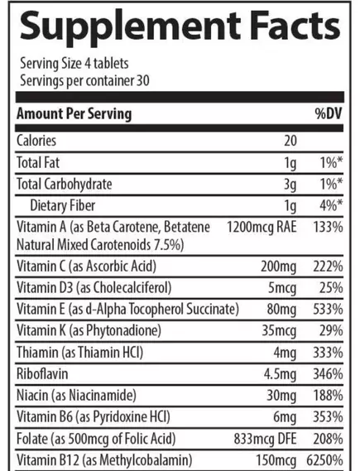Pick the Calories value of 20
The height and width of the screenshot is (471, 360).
[290, 142]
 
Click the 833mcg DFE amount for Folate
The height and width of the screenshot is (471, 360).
[266, 438]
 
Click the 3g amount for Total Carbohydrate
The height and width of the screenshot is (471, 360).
[290, 183]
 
